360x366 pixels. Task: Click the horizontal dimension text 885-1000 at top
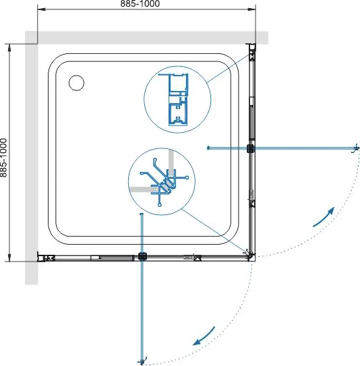click(x=140, y=3)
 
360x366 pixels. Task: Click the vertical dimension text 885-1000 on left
click(x=3, y=158)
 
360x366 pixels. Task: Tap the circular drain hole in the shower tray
click(x=77, y=83)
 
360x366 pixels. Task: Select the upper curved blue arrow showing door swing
click(x=324, y=217)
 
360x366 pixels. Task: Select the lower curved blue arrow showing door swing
click(x=204, y=336)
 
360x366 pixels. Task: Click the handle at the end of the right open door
click(x=355, y=148)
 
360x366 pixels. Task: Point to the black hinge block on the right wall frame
click(x=250, y=148)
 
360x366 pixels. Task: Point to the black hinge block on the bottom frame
click(x=142, y=256)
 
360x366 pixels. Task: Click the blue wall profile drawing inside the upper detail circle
click(x=178, y=100)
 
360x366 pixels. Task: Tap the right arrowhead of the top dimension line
click(x=252, y=9)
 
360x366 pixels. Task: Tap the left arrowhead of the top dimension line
click(x=41, y=9)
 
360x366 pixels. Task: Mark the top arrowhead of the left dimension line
click(x=9, y=47)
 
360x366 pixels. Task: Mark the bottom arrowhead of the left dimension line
click(x=9, y=257)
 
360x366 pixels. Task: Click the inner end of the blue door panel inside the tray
click(x=208, y=148)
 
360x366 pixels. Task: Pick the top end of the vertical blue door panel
click(x=141, y=214)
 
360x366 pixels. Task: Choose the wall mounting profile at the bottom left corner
click(x=46, y=257)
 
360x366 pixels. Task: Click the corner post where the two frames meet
click(x=251, y=255)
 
